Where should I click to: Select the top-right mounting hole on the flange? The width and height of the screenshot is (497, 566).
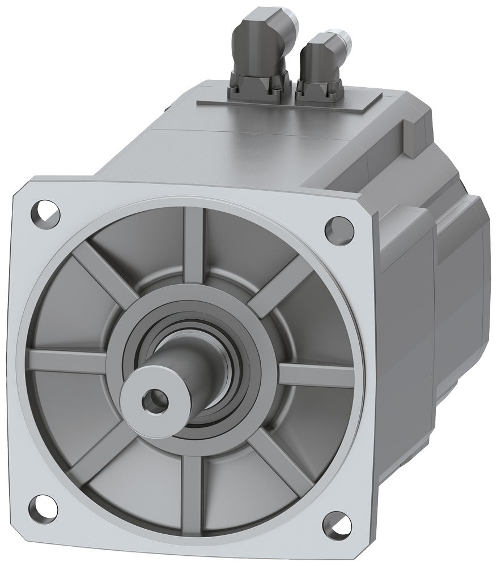[335, 228]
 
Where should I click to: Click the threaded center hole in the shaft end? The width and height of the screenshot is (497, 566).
[154, 401]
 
